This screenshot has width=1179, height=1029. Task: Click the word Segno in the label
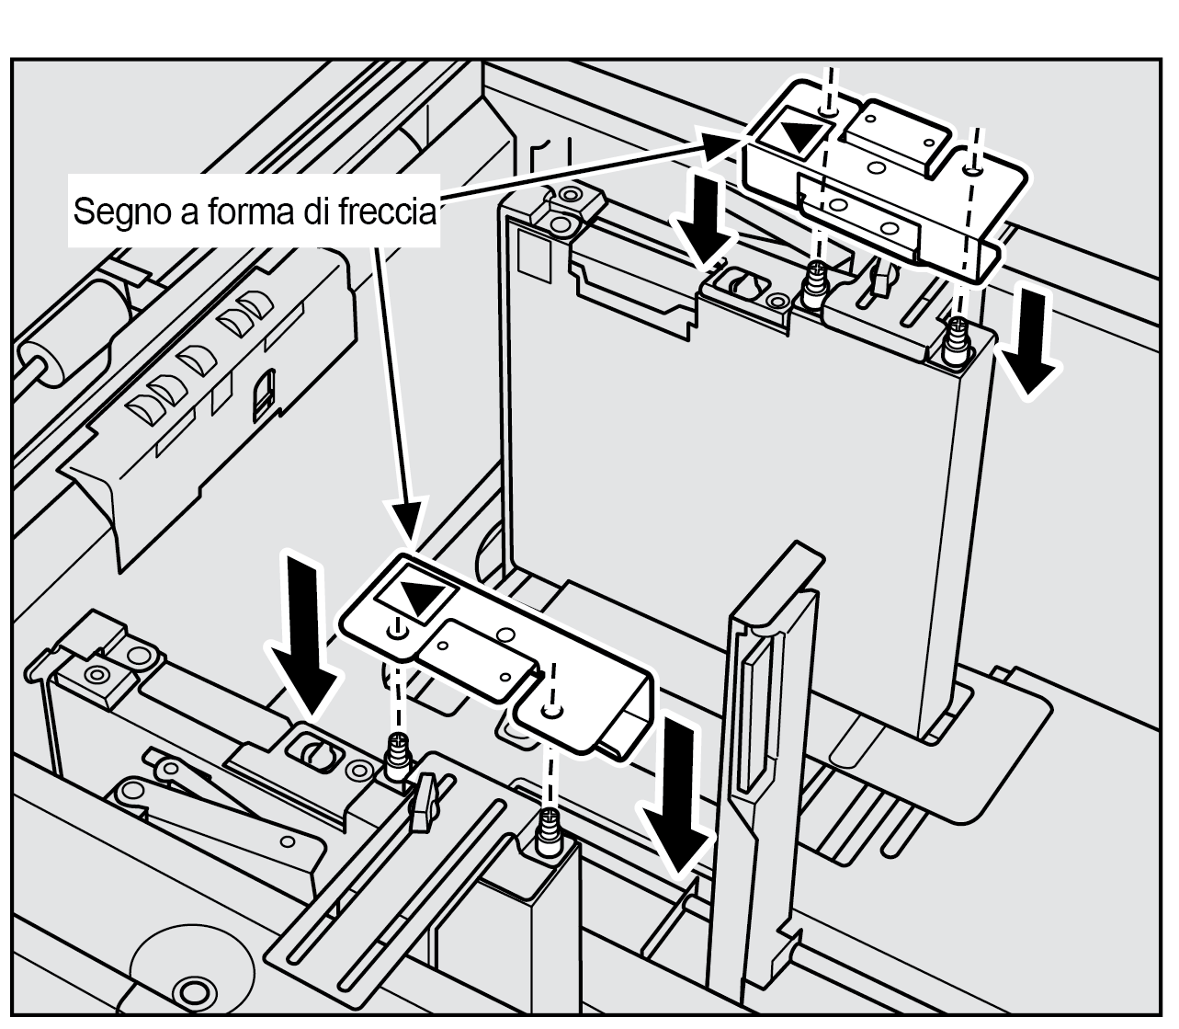pyautogui.click(x=114, y=212)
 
